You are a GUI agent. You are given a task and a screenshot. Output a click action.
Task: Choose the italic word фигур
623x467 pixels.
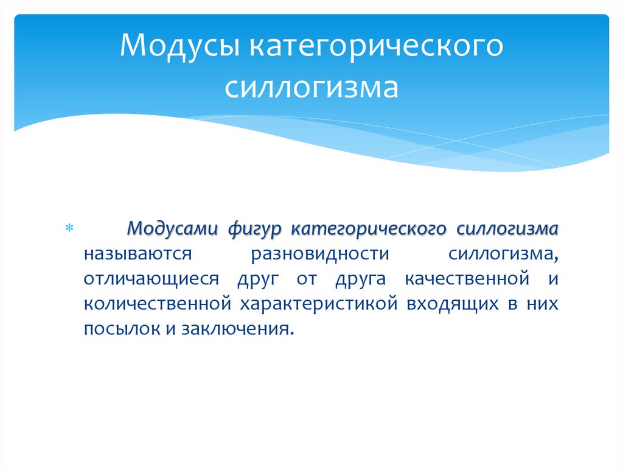coord(254,228)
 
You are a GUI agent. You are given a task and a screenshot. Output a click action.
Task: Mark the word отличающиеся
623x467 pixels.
coord(151,278)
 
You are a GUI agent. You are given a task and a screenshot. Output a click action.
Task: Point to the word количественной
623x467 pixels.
coord(158,303)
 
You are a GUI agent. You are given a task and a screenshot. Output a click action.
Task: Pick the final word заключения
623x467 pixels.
coord(242,329)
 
